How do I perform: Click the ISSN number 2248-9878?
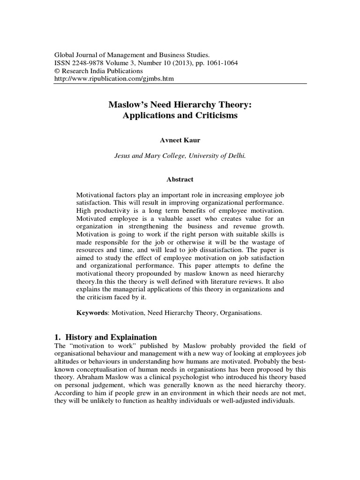tap(88, 63)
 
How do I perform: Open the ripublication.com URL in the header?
tap(115, 79)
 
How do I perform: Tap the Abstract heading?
tap(180, 180)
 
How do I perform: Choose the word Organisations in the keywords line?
tap(238, 312)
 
